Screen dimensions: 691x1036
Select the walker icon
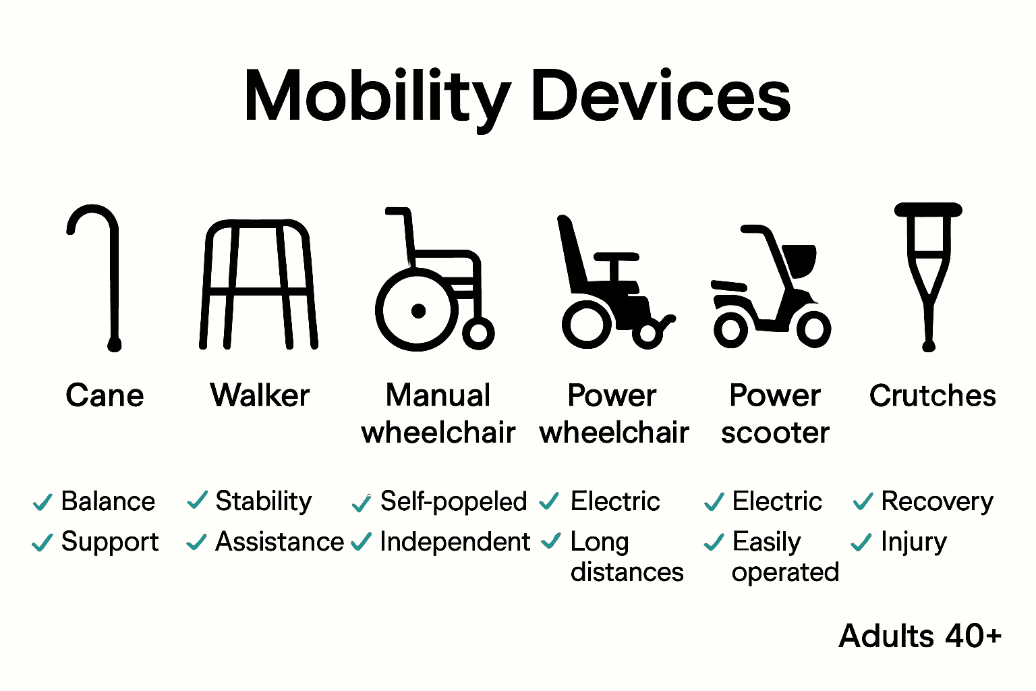[258, 283]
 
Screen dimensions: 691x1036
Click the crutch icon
[929, 270]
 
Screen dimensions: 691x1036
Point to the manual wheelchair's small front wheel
[478, 333]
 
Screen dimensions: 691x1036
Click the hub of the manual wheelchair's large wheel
[418, 311]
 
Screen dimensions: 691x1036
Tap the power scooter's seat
[801, 259]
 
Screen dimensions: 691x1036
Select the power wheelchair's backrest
[572, 253]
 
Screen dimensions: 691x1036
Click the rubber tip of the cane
[115, 345]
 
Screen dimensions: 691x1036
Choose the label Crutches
[932, 396]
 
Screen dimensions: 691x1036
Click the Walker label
[260, 396]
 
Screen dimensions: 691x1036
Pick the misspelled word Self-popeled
[453, 502]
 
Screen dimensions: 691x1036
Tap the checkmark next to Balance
[42, 502]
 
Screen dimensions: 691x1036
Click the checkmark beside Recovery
[863, 502]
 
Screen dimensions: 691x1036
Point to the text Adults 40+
[920, 636]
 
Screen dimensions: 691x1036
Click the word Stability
[264, 502]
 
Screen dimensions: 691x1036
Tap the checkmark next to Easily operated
[714, 543]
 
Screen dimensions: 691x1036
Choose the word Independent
[455, 542]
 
